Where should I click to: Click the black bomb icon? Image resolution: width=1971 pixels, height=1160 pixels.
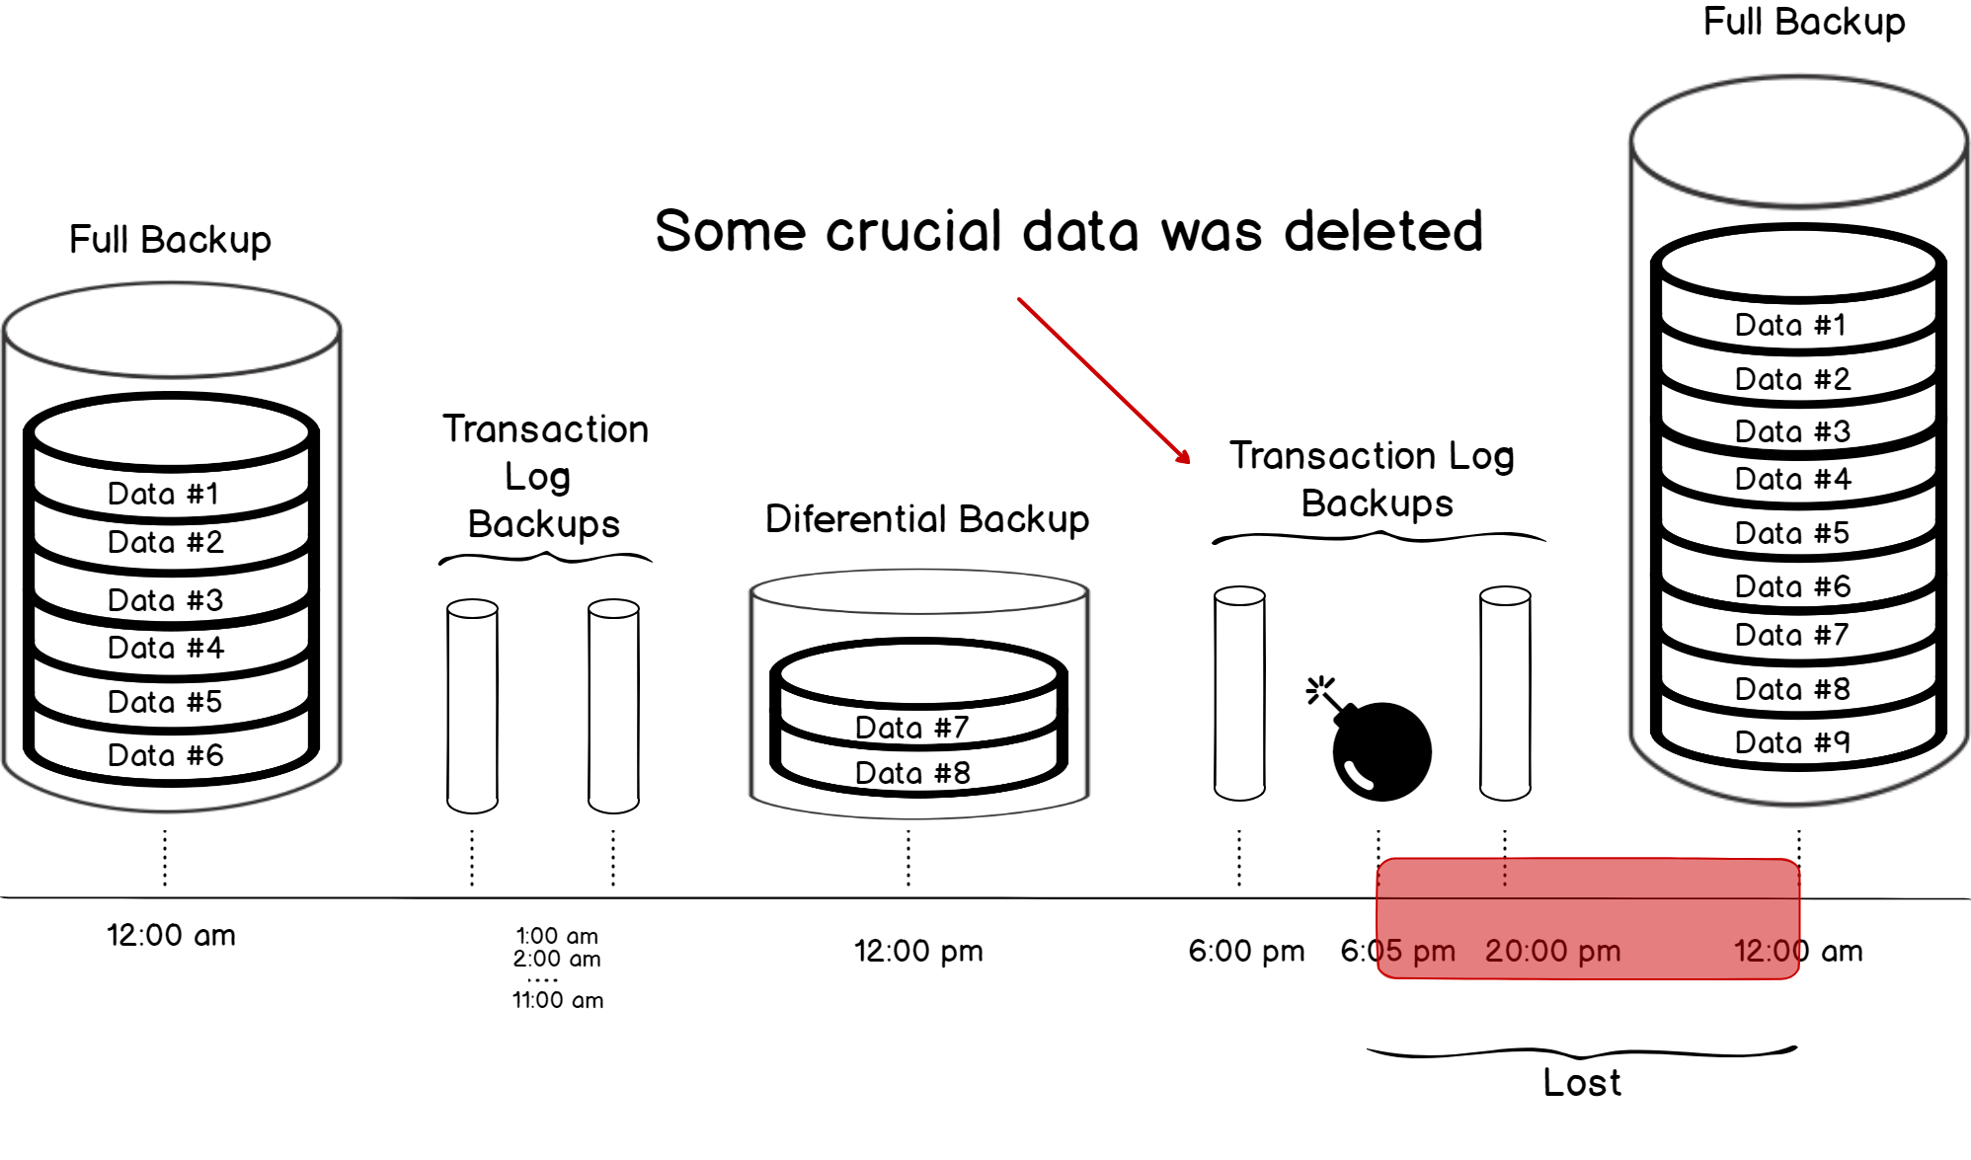pyautogui.click(x=1380, y=749)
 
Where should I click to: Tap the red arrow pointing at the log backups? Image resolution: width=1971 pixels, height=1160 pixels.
pyautogui.click(x=1103, y=380)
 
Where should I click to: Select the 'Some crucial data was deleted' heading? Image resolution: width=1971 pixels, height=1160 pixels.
pyautogui.click(x=1068, y=231)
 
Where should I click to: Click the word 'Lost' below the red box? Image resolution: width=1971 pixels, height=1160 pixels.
pyautogui.click(x=1582, y=1083)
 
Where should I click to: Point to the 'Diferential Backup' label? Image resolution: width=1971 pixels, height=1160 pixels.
pyautogui.click(x=926, y=519)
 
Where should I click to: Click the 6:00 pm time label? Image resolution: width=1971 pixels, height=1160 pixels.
pyautogui.click(x=1246, y=951)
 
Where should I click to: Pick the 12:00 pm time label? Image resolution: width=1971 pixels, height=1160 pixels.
pyautogui.click(x=918, y=951)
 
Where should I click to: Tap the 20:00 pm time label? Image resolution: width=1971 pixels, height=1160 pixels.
pyautogui.click(x=1552, y=951)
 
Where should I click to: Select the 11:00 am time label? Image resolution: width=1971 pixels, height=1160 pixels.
pyautogui.click(x=557, y=1000)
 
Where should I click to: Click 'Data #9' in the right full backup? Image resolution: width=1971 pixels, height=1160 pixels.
pyautogui.click(x=1791, y=742)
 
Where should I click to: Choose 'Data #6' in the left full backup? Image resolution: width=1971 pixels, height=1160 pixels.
pyautogui.click(x=165, y=755)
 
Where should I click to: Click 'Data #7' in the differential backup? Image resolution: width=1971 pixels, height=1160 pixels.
pyautogui.click(x=911, y=728)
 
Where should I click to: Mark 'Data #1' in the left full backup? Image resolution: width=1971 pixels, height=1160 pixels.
pyautogui.click(x=163, y=494)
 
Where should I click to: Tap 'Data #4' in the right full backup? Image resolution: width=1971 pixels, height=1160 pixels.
pyautogui.click(x=1792, y=480)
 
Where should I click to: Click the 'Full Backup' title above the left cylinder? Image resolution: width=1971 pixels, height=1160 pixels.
pyautogui.click(x=170, y=240)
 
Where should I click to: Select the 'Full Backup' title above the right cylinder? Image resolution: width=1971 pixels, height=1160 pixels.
pyautogui.click(x=1804, y=22)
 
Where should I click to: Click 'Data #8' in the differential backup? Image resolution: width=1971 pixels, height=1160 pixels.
pyautogui.click(x=912, y=773)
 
